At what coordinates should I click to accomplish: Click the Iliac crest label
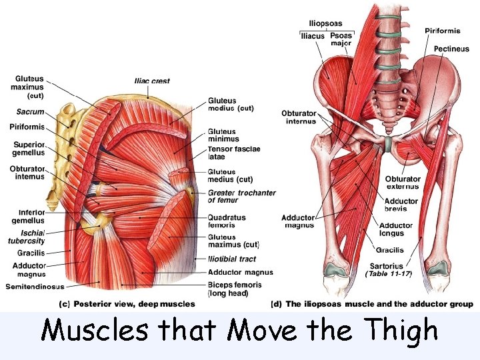tap(151, 81)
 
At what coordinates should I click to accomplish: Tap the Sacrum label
tap(30, 112)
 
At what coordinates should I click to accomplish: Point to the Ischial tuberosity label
tap(27, 237)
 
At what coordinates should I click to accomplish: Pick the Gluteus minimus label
tap(222, 136)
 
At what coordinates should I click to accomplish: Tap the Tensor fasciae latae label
tap(233, 153)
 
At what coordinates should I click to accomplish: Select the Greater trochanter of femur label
tap(241, 197)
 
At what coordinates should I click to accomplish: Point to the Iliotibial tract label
tap(231, 259)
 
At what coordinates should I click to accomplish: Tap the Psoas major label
tap(341, 39)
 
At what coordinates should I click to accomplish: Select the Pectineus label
tap(451, 49)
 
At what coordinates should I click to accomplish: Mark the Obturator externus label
tap(403, 183)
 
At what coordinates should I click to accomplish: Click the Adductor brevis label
tap(401, 205)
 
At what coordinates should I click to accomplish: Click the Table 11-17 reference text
tap(389, 274)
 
